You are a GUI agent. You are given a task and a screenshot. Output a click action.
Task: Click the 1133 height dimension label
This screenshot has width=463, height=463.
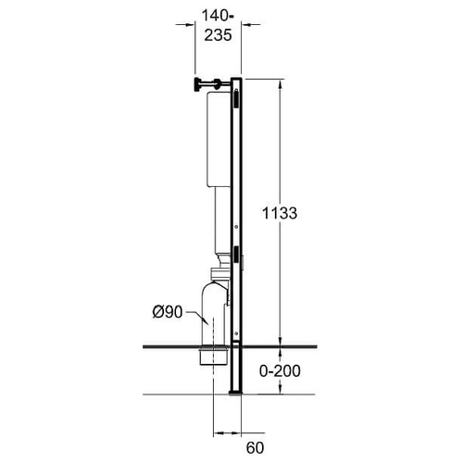(280, 213)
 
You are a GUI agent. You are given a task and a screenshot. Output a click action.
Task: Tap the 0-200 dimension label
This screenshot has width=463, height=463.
(280, 370)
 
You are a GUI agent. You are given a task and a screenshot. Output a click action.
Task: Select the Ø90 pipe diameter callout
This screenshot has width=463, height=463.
(168, 312)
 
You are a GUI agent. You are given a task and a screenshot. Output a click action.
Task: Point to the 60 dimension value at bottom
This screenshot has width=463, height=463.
(255, 448)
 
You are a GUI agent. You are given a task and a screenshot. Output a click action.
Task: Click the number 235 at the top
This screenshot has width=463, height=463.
(218, 35)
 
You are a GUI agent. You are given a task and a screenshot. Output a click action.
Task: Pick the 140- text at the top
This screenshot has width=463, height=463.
(218, 16)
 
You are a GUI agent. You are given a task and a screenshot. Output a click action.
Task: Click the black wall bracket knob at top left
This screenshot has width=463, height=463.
(197, 85)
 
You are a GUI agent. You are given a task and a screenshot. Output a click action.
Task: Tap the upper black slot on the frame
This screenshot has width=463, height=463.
(236, 98)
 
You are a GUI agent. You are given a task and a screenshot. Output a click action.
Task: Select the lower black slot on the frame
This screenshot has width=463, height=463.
(236, 256)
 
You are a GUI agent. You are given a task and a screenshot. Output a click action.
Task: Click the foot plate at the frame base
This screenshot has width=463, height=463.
(235, 394)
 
